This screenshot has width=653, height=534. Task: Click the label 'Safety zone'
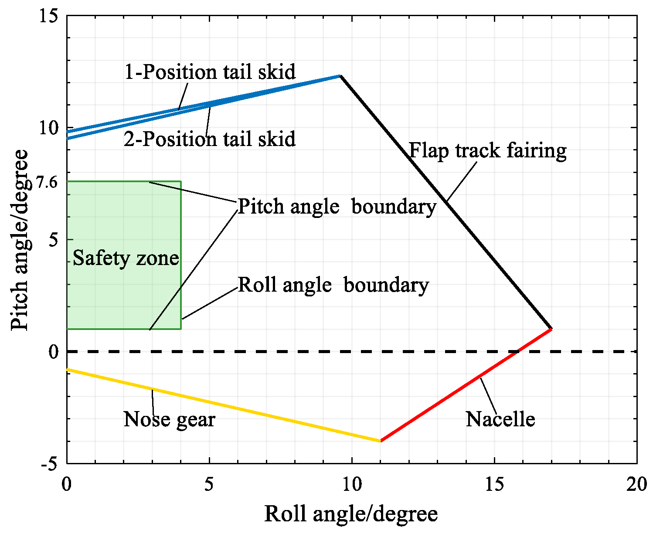[x=126, y=258]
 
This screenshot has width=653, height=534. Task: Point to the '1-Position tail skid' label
[x=210, y=72]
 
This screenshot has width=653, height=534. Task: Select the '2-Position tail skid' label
[x=210, y=139]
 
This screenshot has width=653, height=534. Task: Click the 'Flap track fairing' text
[x=488, y=151]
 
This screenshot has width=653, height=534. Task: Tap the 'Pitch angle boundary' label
[x=337, y=206]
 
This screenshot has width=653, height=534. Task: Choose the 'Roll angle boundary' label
[x=333, y=285]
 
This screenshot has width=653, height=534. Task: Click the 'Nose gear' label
[x=169, y=419]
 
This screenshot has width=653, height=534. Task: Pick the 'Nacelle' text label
[x=500, y=419]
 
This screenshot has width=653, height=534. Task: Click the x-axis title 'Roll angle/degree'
[x=351, y=514]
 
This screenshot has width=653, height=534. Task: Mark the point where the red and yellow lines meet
[x=381, y=441]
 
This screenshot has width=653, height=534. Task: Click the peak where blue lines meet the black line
[x=340, y=76]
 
